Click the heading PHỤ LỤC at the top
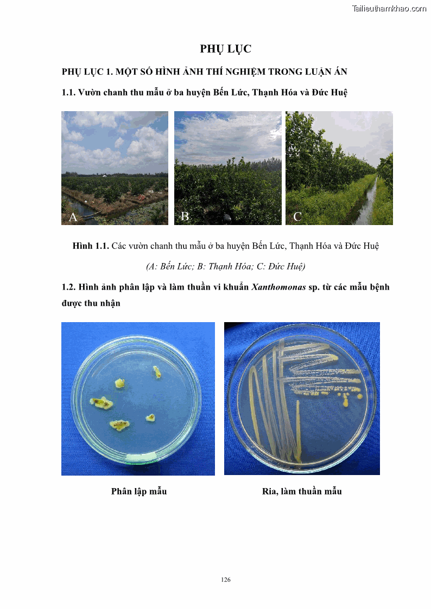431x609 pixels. pos(225,49)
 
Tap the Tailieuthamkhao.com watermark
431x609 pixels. pos(389,8)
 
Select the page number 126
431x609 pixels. pos(226,580)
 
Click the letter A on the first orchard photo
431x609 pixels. pos(73,217)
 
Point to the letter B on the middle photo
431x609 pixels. pos(185,217)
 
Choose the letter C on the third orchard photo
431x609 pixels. pos(297,217)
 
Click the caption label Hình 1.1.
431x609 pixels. pos(91,246)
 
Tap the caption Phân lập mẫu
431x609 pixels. pos(138,491)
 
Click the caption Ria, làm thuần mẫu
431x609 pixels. pos(302,491)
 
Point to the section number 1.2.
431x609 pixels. pos(69,287)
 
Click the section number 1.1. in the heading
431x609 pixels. pos(69,92)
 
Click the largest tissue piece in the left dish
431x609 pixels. pos(101,402)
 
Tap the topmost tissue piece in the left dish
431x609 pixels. pos(157,371)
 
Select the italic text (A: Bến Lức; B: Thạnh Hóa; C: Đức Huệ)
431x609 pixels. pos(225,266)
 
